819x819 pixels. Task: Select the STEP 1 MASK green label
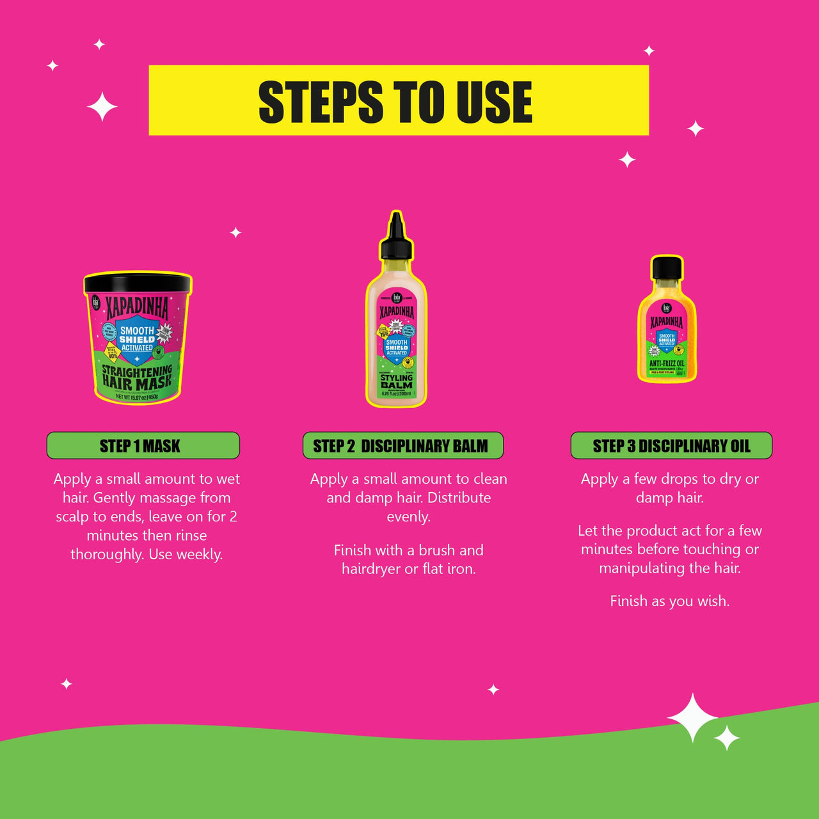143,446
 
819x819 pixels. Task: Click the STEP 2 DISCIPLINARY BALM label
402,446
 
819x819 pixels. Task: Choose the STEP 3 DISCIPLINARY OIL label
671,446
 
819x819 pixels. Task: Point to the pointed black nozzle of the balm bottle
396,227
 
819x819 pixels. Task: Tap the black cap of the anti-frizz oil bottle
667,267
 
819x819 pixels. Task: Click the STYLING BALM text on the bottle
397,381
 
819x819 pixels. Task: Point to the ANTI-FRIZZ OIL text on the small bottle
667,363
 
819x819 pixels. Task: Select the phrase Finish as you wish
669,601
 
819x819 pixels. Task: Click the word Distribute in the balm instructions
459,498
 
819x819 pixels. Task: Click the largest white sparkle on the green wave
693,718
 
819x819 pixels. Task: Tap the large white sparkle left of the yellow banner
102,107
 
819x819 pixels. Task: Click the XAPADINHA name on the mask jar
137,307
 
